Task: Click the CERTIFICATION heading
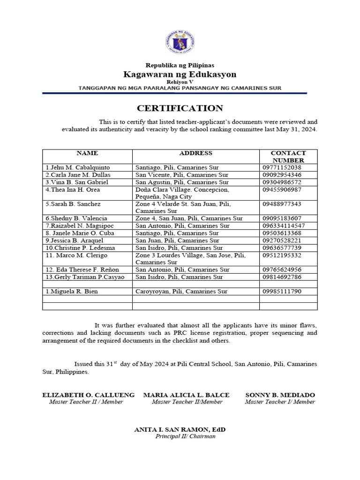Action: (180, 108)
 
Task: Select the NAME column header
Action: (87, 153)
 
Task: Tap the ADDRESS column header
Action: (195, 153)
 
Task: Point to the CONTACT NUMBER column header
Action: (288, 157)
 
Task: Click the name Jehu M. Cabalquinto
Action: (78, 167)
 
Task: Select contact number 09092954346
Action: (282, 175)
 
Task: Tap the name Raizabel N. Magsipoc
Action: (79, 225)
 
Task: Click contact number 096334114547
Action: (284, 225)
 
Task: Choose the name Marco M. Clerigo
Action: (76, 255)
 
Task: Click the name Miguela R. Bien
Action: (72, 292)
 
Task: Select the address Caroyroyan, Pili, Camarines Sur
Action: (181, 292)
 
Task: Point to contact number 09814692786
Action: (282, 277)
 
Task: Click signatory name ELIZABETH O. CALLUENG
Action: (89, 395)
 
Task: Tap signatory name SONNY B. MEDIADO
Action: (280, 395)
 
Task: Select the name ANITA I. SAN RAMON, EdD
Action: (180, 429)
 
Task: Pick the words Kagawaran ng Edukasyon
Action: (180, 75)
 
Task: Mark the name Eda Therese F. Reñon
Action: (82, 270)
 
